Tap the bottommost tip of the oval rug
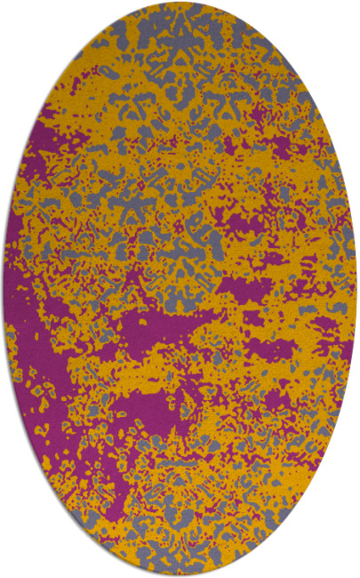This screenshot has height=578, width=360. [180, 574]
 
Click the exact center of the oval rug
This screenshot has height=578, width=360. [180, 289]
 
